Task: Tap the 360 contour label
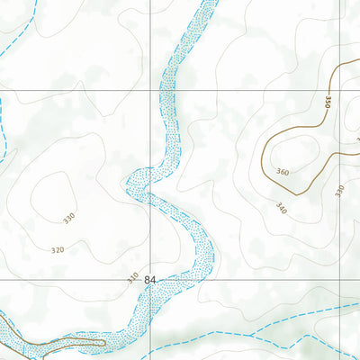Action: (283, 172)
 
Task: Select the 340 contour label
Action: (281, 208)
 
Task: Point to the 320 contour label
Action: (58, 249)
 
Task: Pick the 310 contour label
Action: (132, 276)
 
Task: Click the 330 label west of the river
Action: (69, 219)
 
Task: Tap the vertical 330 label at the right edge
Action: (339, 191)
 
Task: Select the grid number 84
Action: (149, 280)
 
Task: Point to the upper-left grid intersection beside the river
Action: (150, 90)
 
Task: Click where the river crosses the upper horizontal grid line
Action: (167, 90)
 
